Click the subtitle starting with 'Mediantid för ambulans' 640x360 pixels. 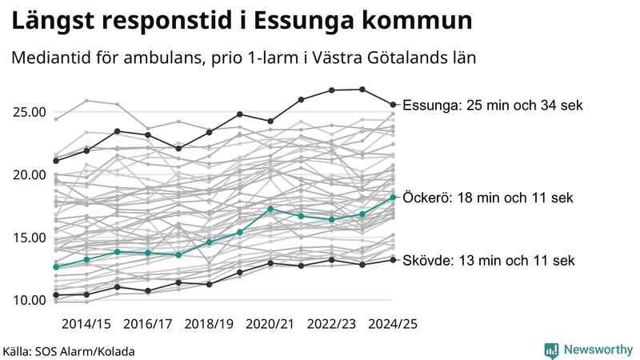point(243,58)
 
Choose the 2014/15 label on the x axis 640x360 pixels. point(86,324)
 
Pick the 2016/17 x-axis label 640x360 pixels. point(148,324)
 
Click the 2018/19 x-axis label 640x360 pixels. point(210,324)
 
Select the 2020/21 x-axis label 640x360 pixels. point(270,324)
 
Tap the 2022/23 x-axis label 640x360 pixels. point(332,324)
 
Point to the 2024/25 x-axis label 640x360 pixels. point(393,324)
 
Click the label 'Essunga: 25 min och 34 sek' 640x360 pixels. point(493,106)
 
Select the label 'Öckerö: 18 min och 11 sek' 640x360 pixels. point(489,198)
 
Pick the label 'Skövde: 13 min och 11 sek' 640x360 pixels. point(489,261)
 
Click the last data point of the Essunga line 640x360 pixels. point(393,104)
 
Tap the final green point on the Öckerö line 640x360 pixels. point(393,197)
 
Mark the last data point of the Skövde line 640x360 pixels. point(393,260)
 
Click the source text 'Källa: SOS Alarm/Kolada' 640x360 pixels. point(69,351)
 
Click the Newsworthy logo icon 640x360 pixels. point(551,350)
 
